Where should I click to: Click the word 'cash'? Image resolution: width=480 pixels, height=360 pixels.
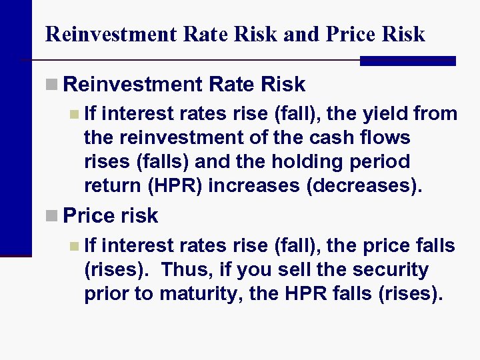click(x=332, y=138)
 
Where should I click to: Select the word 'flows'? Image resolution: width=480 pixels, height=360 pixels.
click(x=387, y=138)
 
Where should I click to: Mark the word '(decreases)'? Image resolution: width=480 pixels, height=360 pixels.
click(x=364, y=185)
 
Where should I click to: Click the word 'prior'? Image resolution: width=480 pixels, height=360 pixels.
click(x=107, y=293)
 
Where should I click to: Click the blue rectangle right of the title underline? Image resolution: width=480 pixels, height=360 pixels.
click(x=407, y=61)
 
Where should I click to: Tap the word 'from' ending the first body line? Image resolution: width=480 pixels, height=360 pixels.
click(x=435, y=115)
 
